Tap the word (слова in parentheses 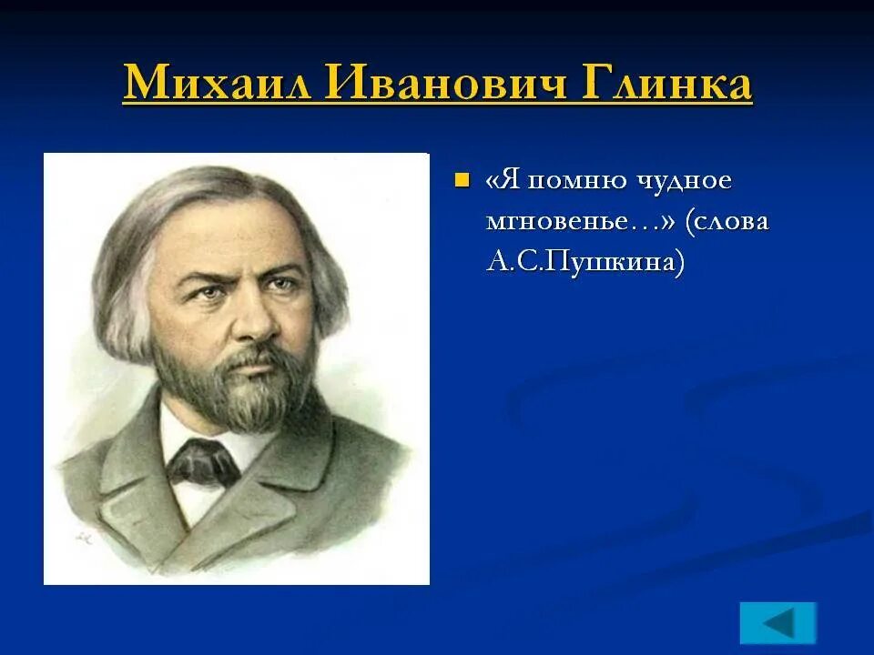click(728, 221)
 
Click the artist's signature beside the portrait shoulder click(83, 537)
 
